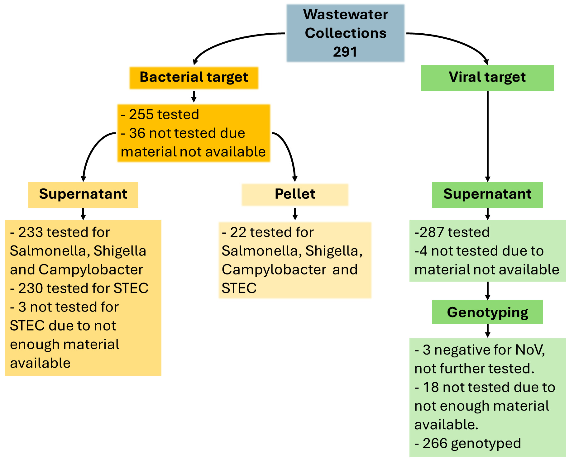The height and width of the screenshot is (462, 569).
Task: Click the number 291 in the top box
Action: click(345, 52)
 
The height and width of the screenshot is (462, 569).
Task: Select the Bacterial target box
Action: click(194, 78)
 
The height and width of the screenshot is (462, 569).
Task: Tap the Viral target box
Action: click(487, 78)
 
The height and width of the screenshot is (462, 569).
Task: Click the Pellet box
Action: click(295, 194)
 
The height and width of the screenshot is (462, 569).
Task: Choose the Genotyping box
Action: click(487, 312)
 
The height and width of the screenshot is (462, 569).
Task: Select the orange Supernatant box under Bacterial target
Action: click(83, 194)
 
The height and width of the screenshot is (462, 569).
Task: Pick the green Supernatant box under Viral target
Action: click(487, 194)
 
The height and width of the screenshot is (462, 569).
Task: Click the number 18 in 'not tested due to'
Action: click(431, 388)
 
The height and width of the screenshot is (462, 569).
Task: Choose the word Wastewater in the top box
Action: click(345, 15)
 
